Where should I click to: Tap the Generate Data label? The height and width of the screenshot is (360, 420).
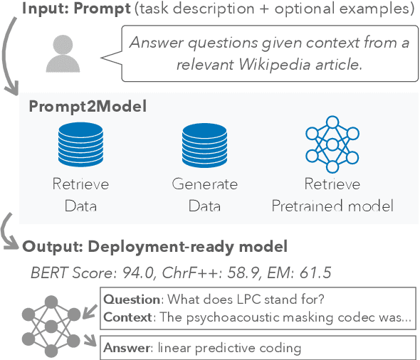(x=204, y=196)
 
